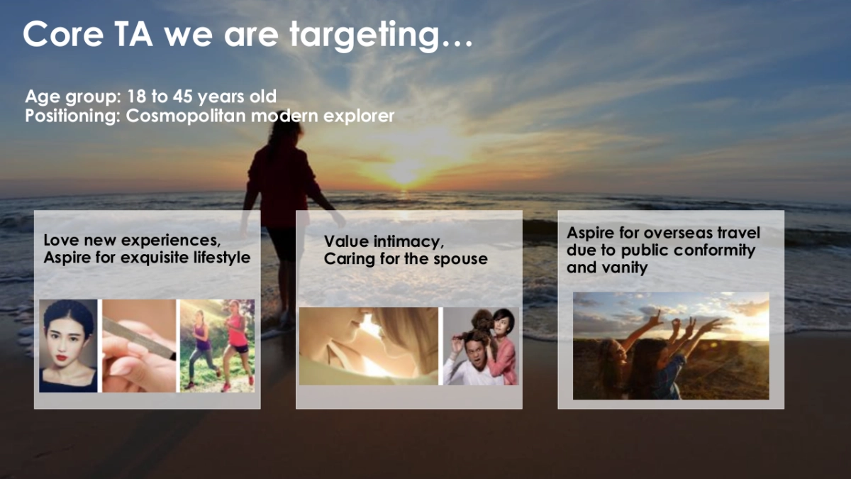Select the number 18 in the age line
coord(136,97)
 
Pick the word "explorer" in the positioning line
coord(359,116)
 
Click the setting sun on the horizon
coord(405,173)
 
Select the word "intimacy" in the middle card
coord(408,242)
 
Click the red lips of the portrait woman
coord(62,358)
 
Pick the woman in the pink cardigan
coord(501,348)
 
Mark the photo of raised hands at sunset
coord(671,346)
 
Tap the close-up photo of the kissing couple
coord(369,346)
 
